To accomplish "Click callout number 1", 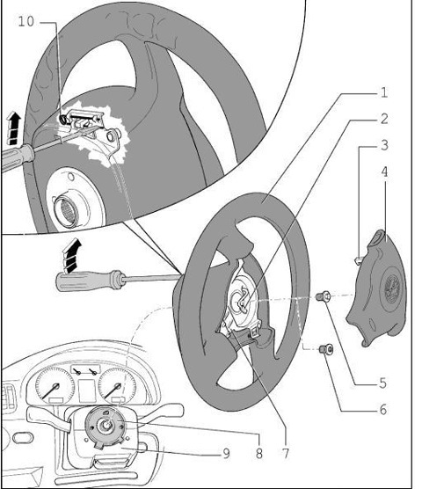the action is (384, 92).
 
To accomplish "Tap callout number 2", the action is (384, 119).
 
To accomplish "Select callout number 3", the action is (384, 145).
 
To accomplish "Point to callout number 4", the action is (384, 172).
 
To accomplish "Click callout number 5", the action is (383, 383).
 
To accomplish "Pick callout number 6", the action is (383, 410).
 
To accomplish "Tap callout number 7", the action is (286, 453).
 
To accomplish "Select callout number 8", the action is (259, 453).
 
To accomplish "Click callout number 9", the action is (227, 454).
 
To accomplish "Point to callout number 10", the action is (26, 21).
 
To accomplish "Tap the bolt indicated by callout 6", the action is (326, 349).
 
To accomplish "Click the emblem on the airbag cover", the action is (389, 288).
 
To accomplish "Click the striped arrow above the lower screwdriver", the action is (72, 255).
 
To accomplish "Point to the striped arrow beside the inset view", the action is (13, 128).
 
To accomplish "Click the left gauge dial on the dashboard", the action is (55, 385).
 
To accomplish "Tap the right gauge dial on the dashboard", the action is (117, 385).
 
